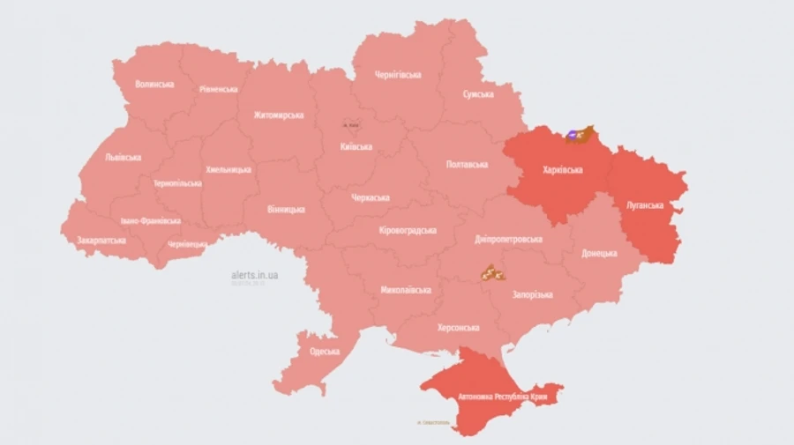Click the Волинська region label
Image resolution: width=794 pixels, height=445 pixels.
tap(154, 85)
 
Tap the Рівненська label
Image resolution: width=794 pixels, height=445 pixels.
tap(218, 90)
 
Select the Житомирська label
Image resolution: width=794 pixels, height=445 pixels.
tap(278, 115)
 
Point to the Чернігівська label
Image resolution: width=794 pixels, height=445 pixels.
tap(398, 75)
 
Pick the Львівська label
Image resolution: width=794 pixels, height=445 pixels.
tap(123, 157)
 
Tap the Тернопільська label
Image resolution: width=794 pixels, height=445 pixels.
tap(177, 183)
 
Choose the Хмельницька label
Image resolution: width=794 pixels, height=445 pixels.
tap(228, 169)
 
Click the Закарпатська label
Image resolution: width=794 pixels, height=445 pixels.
tap(101, 240)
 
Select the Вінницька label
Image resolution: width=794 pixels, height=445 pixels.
tap(286, 210)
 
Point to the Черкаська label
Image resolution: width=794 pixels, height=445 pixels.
tap(370, 197)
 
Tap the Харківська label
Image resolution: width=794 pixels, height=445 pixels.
tap(563, 168)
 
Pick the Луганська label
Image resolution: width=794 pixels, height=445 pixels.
tap(645, 204)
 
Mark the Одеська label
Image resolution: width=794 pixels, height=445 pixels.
tap(325, 351)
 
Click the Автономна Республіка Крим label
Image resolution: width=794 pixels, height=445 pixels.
tap(499, 398)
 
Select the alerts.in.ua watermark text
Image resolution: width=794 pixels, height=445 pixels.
tap(255, 275)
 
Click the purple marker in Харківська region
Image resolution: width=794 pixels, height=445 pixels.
tap(572, 134)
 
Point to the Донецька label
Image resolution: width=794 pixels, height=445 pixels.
tap(599, 254)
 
